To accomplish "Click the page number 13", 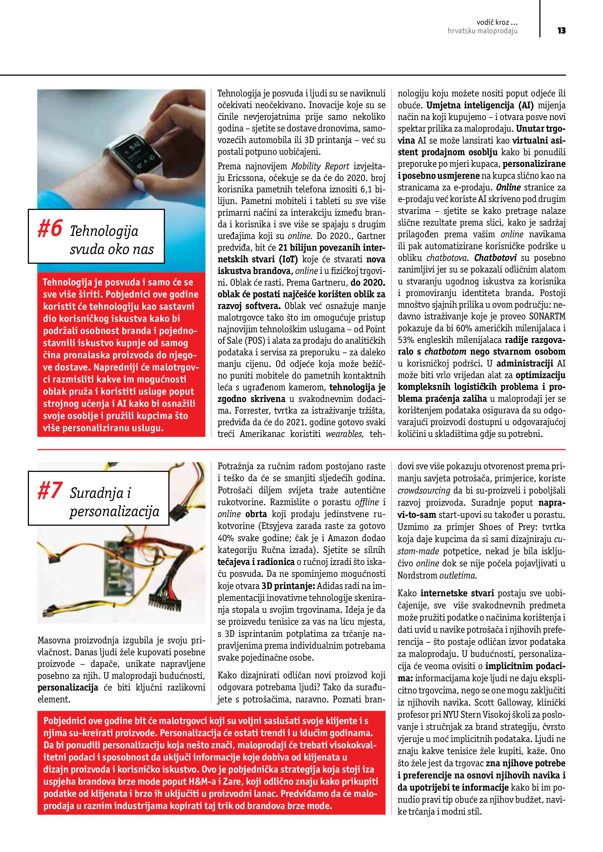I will click(561, 30).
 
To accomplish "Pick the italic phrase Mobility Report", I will click(320, 166).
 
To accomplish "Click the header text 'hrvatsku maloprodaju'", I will click(482, 31).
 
